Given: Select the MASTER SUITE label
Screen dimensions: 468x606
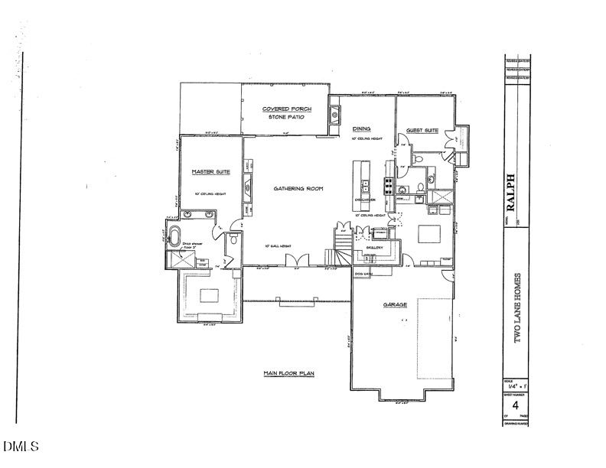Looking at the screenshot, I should click(207, 172).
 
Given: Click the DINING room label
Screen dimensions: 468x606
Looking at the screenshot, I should click(361, 129).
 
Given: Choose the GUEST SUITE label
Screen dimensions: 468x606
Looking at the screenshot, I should click(422, 131).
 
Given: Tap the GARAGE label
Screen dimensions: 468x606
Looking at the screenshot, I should click(395, 304).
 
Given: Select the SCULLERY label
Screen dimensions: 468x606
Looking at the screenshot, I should click(374, 249).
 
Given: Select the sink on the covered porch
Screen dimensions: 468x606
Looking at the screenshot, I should click(335, 116).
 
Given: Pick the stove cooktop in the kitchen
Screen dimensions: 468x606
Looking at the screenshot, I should click(389, 184).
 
